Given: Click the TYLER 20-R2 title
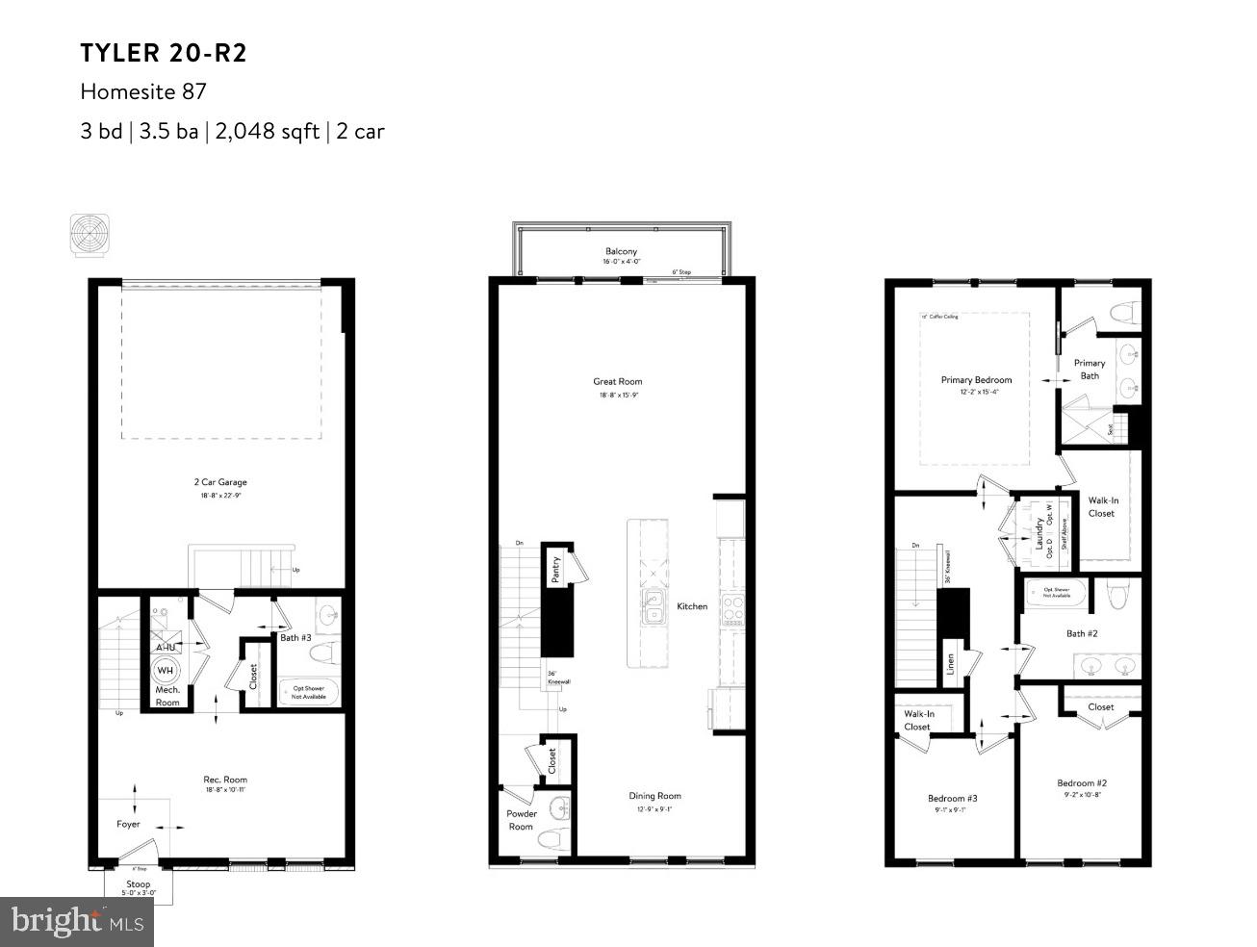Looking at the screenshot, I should (x=164, y=53).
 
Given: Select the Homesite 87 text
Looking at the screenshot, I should (x=143, y=92).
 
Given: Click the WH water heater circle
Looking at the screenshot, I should (x=166, y=670).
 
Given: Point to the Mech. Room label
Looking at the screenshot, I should (x=167, y=696).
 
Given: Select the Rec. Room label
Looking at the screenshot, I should (x=225, y=780).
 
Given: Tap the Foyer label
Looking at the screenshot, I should (x=128, y=824).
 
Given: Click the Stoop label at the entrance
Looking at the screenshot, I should (x=138, y=883).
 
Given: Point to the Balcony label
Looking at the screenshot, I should (x=621, y=251).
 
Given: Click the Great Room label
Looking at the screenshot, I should (x=617, y=382).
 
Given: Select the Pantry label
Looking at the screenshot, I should (x=555, y=570).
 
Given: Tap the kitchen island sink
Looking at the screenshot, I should (x=654, y=608).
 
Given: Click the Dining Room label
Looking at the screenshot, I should (x=654, y=796).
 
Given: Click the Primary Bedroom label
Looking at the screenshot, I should (x=976, y=380).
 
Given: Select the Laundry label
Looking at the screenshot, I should (x=1039, y=531).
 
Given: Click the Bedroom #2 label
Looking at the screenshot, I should (x=1082, y=783).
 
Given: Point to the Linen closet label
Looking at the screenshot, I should (x=950, y=664).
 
